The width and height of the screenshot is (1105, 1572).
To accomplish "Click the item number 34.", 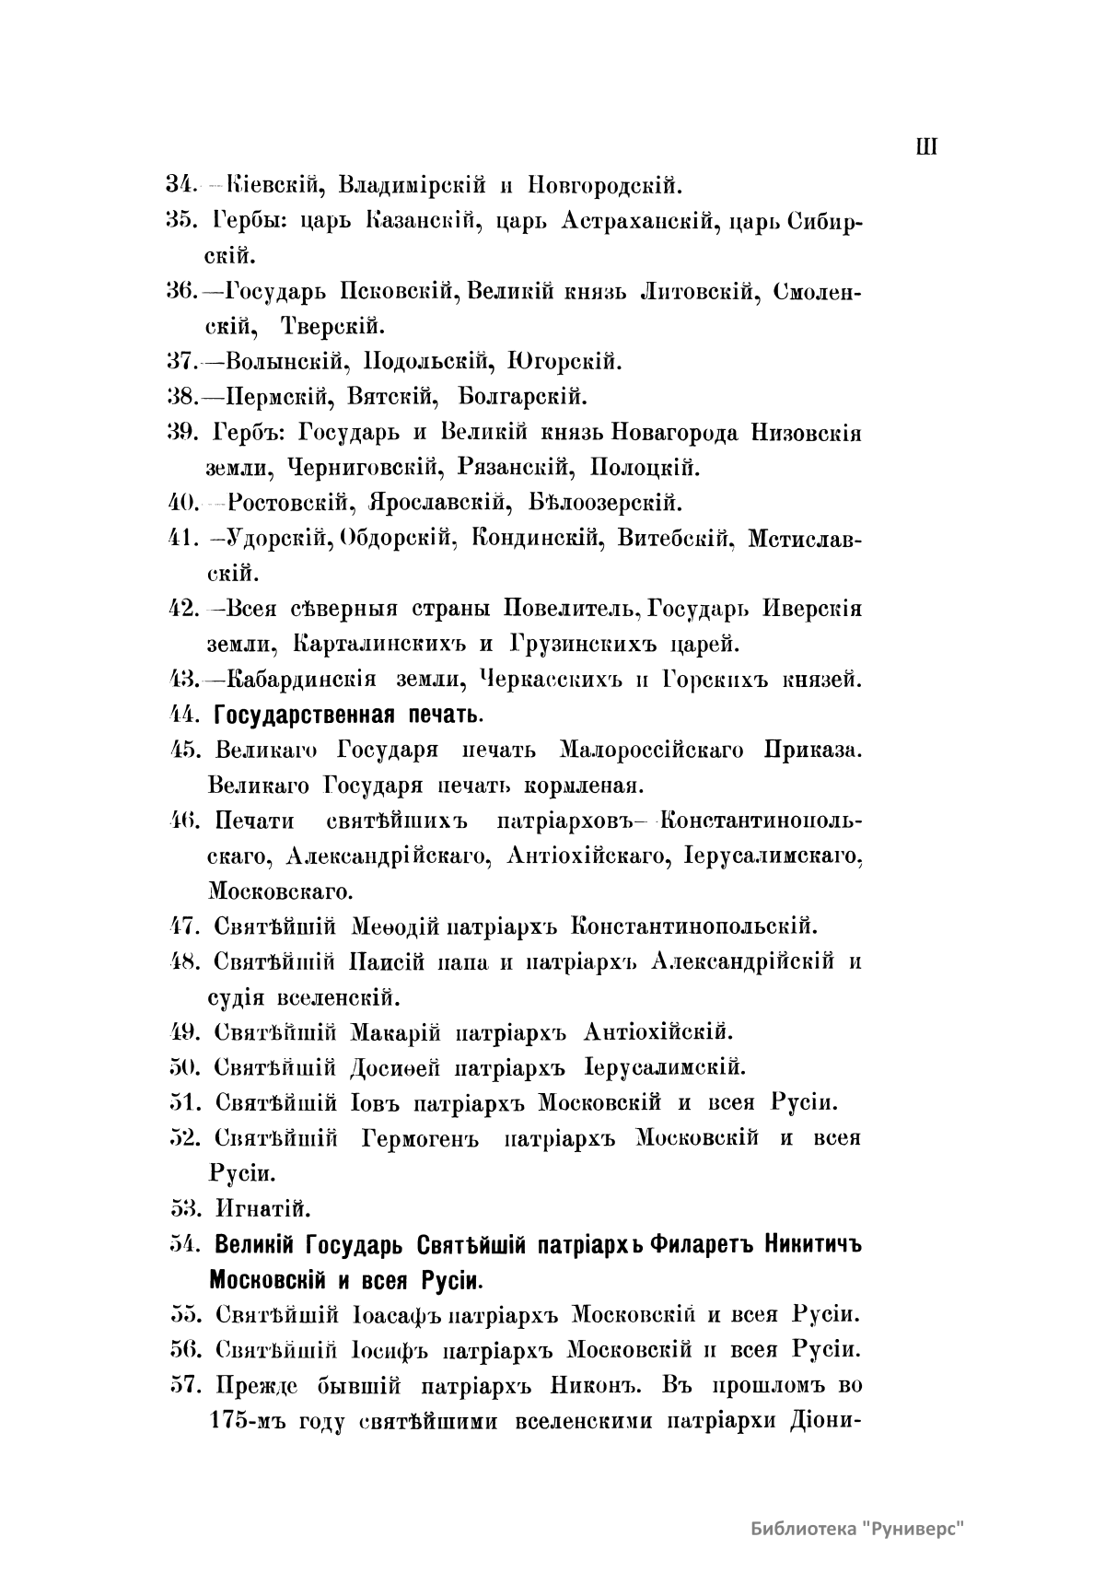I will point(180,184).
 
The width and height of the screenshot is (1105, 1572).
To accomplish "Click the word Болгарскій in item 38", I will point(522,397).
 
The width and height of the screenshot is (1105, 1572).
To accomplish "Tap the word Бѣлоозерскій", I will point(606,503).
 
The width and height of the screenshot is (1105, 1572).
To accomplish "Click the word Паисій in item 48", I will point(387,961).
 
